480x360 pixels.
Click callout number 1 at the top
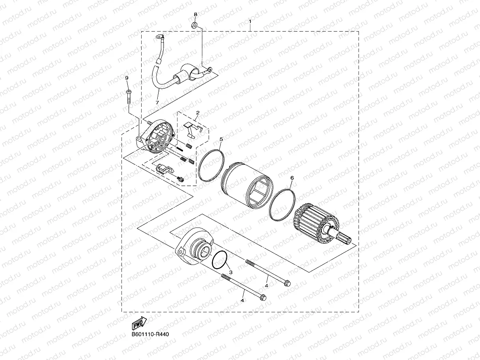(x=250, y=21)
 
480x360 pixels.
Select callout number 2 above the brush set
(x=198, y=113)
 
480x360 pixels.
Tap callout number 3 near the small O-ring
(x=230, y=272)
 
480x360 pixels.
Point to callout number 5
(x=221, y=139)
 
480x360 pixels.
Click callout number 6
(x=292, y=178)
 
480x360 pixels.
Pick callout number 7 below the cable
(x=157, y=102)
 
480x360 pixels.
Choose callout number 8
(x=196, y=15)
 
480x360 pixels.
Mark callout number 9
(x=127, y=78)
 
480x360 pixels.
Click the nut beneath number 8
(x=194, y=25)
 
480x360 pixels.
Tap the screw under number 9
(x=128, y=97)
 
